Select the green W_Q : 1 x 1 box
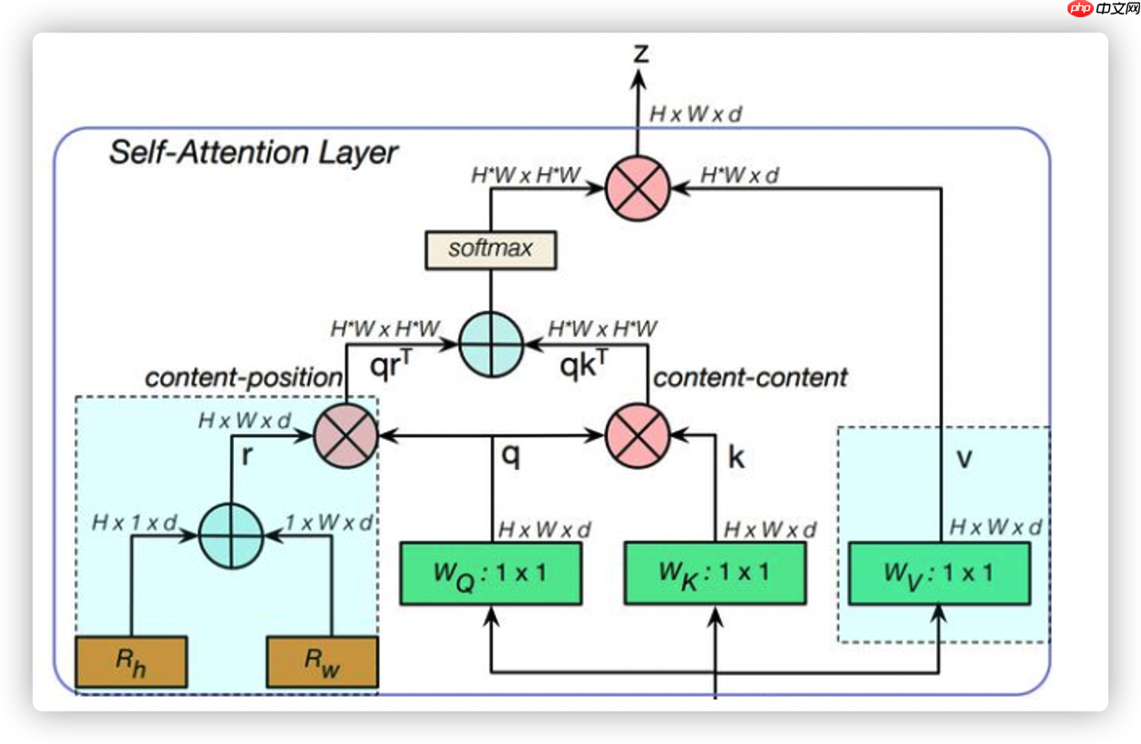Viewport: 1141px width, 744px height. (x=491, y=573)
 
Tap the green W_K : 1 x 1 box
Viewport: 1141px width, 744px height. (x=715, y=573)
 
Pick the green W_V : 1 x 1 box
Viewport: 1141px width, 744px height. (x=939, y=573)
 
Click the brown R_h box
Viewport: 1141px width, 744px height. (x=132, y=661)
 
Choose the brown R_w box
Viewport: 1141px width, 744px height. (x=322, y=661)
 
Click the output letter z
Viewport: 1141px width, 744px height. (x=640, y=54)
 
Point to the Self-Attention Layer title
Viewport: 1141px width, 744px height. (x=253, y=152)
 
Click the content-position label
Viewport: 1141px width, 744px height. (x=244, y=377)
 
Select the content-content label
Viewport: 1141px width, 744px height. (x=750, y=377)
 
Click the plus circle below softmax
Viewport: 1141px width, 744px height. (x=491, y=345)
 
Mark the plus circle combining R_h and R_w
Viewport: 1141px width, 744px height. (x=230, y=535)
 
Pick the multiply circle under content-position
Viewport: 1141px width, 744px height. (x=345, y=436)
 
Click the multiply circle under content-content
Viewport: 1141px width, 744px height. (x=638, y=436)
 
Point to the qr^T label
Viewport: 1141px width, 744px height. (x=392, y=366)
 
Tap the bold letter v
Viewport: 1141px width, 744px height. (x=964, y=458)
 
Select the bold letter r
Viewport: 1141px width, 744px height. (x=246, y=456)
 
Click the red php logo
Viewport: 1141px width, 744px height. (x=1080, y=8)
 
